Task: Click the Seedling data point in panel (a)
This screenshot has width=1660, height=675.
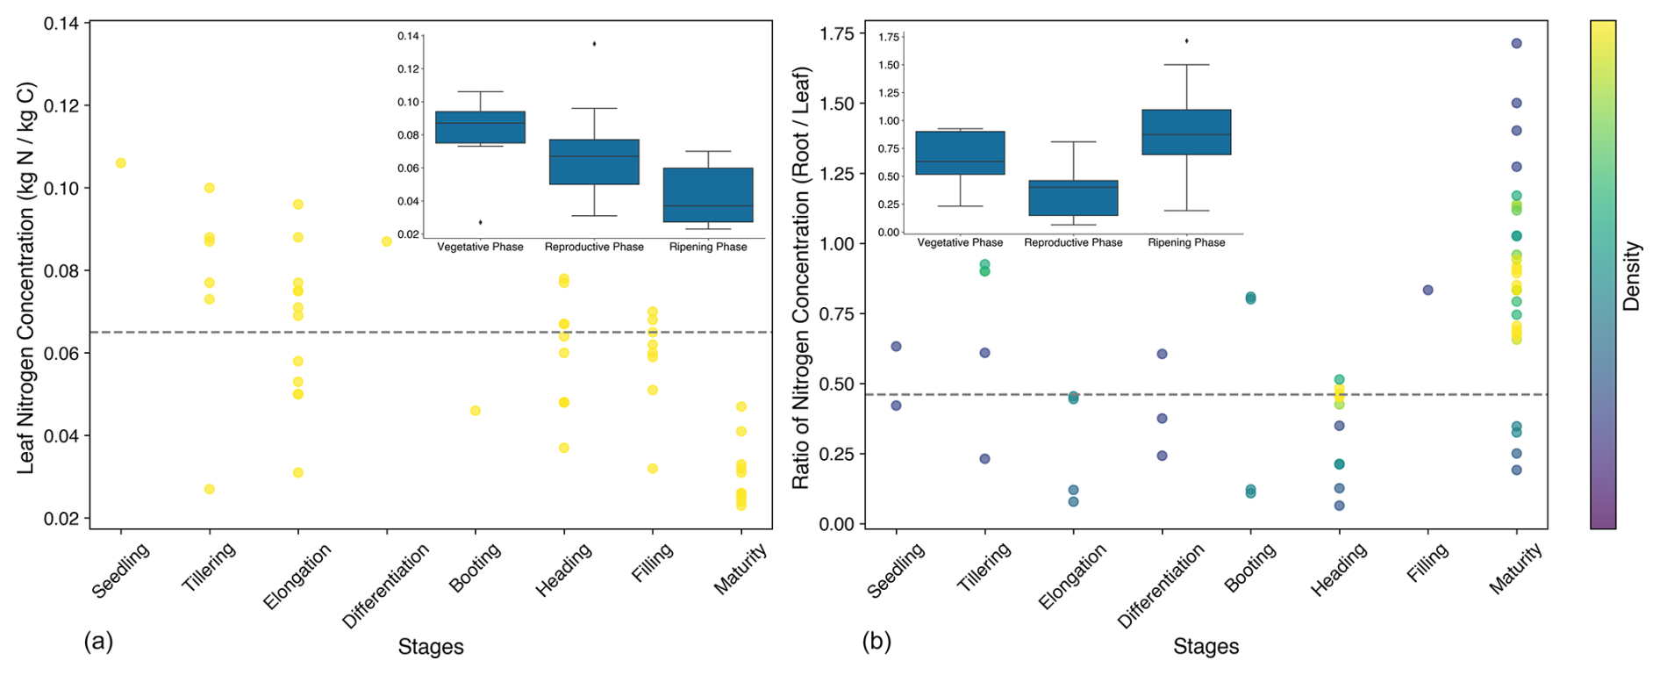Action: pyautogui.click(x=121, y=163)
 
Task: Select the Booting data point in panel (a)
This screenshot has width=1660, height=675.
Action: pyautogui.click(x=475, y=411)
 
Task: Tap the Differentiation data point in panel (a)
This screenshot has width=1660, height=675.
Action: pyautogui.click(x=386, y=241)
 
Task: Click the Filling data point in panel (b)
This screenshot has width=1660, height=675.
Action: pyautogui.click(x=1427, y=291)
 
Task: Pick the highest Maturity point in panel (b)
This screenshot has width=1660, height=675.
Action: pyautogui.click(x=1516, y=44)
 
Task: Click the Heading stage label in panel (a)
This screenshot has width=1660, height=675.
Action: pyautogui.click(x=564, y=570)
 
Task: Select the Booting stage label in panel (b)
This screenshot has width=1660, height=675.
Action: pyautogui.click(x=1251, y=570)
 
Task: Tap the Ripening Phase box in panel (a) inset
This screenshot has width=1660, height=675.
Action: pyautogui.click(x=708, y=195)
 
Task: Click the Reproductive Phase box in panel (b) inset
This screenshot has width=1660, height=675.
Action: pyautogui.click(x=1073, y=197)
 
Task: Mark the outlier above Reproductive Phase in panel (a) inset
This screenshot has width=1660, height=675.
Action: pyautogui.click(x=594, y=44)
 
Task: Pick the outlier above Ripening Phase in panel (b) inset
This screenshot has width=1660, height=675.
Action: pyautogui.click(x=1186, y=41)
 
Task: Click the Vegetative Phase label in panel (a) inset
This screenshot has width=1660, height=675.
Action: pyautogui.click(x=480, y=247)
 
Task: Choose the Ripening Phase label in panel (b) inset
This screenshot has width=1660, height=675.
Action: pyautogui.click(x=1186, y=242)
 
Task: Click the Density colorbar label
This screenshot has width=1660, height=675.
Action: pyautogui.click(x=1631, y=276)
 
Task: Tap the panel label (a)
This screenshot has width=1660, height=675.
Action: pyautogui.click(x=98, y=641)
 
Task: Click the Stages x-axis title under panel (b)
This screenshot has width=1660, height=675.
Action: pyautogui.click(x=1206, y=647)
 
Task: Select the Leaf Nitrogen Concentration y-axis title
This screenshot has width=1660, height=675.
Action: pyautogui.click(x=26, y=277)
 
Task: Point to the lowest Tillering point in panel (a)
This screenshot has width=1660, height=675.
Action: pyautogui.click(x=210, y=489)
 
